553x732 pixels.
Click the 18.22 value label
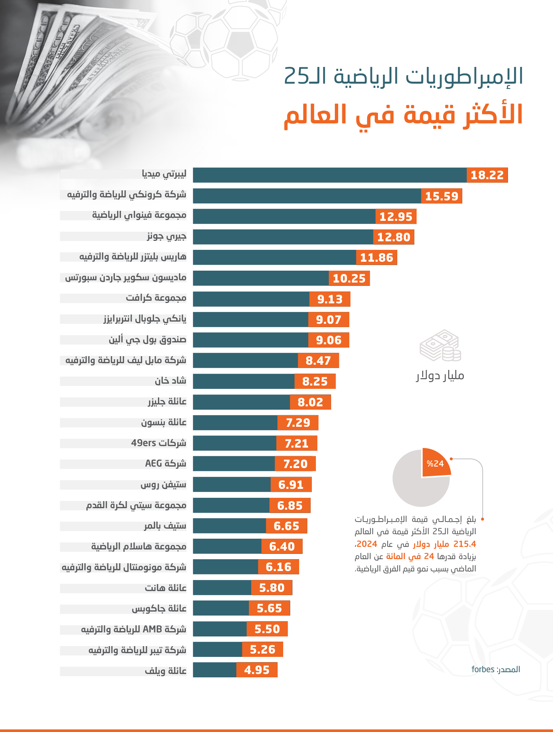coord(487,175)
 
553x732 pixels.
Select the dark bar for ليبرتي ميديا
coord(329,175)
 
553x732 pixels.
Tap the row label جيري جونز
coord(166,236)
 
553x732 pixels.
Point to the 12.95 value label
coord(396,216)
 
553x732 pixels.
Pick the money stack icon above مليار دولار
coord(440,345)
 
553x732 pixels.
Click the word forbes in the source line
coord(483,670)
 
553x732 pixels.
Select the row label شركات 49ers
coord(159,443)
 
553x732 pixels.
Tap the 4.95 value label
coord(257,670)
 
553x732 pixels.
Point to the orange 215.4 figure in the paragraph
coord(465,544)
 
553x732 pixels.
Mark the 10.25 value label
coord(349,278)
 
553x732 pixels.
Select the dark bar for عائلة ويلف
coord(214,670)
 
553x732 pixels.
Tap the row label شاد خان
coord(171,381)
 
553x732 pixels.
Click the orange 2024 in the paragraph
coord(367,544)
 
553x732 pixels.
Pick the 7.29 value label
coord(298,423)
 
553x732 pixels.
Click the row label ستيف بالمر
coord(165,526)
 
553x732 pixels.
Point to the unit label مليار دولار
coord(440,375)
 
